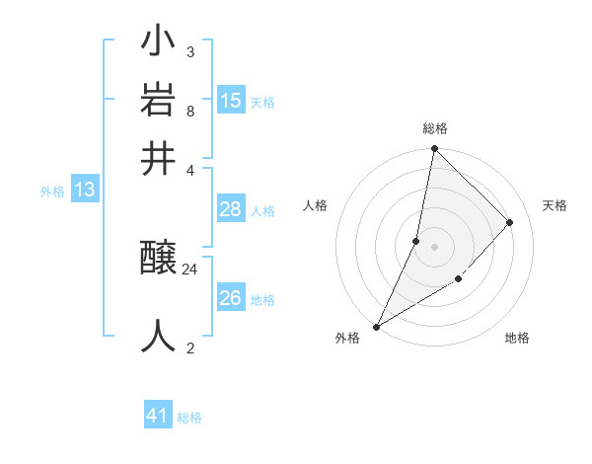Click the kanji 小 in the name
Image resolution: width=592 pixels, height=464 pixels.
click(159, 44)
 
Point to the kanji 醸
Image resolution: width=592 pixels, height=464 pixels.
click(159, 261)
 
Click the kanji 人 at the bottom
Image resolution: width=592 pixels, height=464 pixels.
click(159, 336)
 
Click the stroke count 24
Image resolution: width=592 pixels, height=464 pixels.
click(190, 269)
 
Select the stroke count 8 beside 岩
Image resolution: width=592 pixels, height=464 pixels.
click(190, 111)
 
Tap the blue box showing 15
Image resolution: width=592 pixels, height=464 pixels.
click(231, 100)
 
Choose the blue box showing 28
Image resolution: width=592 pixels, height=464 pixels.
click(231, 209)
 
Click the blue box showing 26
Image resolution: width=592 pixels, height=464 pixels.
click(231, 298)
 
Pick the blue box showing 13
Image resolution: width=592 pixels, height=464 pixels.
click(84, 190)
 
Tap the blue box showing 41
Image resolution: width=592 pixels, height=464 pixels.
click(158, 416)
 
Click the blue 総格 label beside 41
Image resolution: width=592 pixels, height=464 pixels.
click(189, 418)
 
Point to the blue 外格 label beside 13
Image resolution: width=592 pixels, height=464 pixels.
click(52, 192)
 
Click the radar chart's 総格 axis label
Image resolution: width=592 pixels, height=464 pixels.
click(434, 128)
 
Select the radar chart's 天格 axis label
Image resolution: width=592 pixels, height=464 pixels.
click(555, 205)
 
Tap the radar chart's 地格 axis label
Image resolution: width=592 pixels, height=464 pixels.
click(517, 338)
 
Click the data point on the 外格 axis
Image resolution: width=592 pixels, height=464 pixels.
click(376, 326)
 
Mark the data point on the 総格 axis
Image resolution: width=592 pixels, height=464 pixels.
click(434, 148)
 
